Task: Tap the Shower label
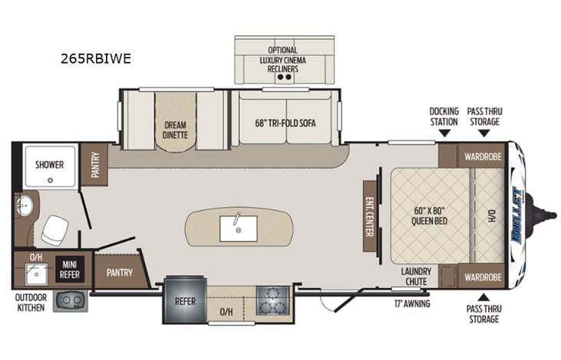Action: (47, 164)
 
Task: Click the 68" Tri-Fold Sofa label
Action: (285, 123)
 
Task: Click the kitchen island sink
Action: (238, 227)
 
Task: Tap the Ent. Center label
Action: (369, 214)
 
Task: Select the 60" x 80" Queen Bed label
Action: (429, 216)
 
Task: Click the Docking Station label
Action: (444, 116)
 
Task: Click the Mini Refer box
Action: (69, 269)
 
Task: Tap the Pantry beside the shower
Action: (94, 164)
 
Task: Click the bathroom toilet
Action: (54, 228)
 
